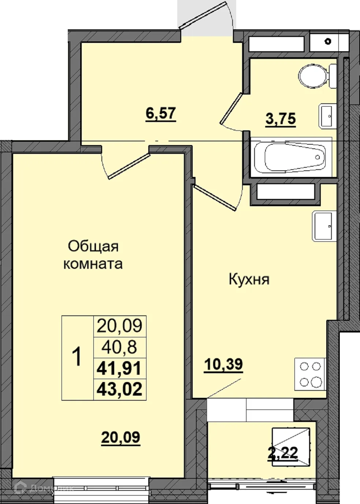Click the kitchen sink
(324, 226)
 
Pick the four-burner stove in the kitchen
(310, 374)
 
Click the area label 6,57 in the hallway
(161, 114)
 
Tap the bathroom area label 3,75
(281, 119)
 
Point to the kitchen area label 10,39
(223, 364)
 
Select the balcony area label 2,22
(283, 453)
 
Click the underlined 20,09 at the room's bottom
(120, 437)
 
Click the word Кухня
(249, 279)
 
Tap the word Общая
(93, 246)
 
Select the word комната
(93, 264)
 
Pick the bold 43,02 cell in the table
(119, 389)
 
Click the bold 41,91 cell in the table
(119, 368)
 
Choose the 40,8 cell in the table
(119, 347)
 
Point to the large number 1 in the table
(77, 357)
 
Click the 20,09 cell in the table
(119, 325)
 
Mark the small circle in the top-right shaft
(328, 41)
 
